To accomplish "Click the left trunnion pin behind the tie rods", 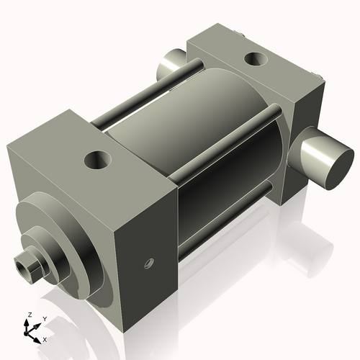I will tap(171, 67).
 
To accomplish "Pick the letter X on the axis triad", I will tap(45, 338).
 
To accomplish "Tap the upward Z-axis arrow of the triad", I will tap(29, 323).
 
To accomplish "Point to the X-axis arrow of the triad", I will tap(37, 335).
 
